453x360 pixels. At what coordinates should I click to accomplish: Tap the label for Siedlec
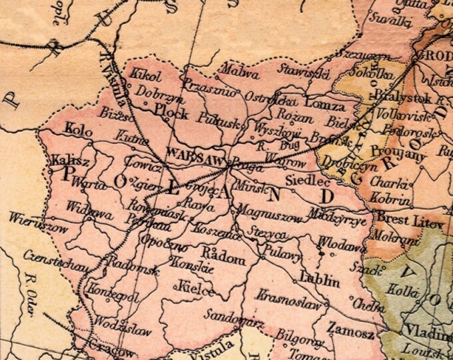(x=308, y=180)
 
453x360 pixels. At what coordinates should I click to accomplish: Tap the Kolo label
(x=80, y=127)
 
